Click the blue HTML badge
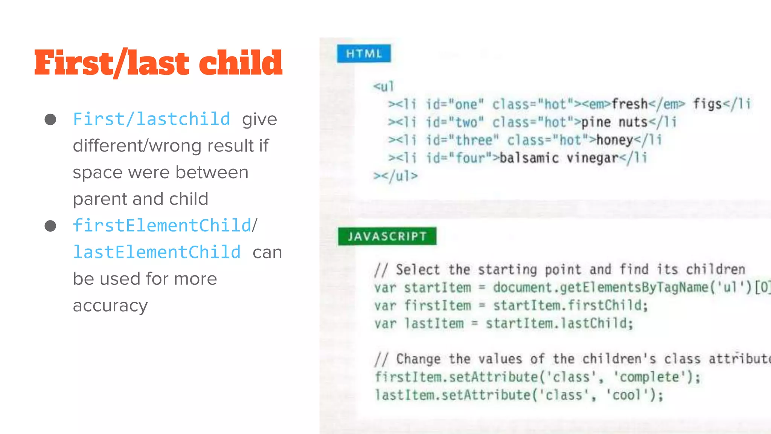click(364, 53)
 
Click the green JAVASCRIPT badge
click(387, 236)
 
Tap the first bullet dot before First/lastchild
click(50, 119)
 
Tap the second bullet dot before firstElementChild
click(50, 226)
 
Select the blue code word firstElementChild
click(162, 226)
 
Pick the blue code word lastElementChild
click(157, 252)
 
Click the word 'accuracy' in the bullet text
click(110, 306)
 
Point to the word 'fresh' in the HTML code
click(629, 104)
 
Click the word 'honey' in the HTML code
click(615, 140)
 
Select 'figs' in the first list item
click(708, 104)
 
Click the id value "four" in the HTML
click(470, 158)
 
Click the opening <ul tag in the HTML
click(383, 86)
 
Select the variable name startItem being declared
click(437, 288)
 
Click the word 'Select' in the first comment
click(417, 270)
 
